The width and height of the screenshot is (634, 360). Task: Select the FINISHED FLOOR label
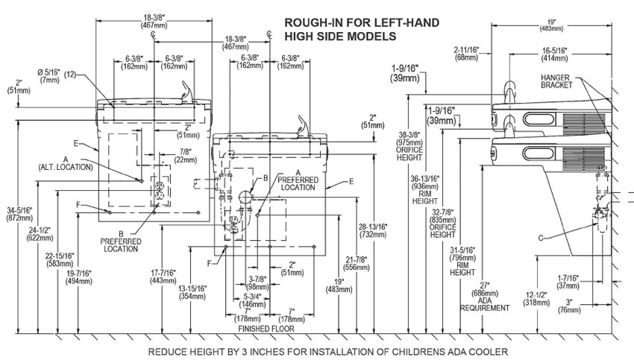(x=266, y=328)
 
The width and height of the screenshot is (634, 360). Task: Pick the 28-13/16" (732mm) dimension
(x=372, y=228)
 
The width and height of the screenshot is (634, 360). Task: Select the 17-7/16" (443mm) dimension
(x=162, y=275)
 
